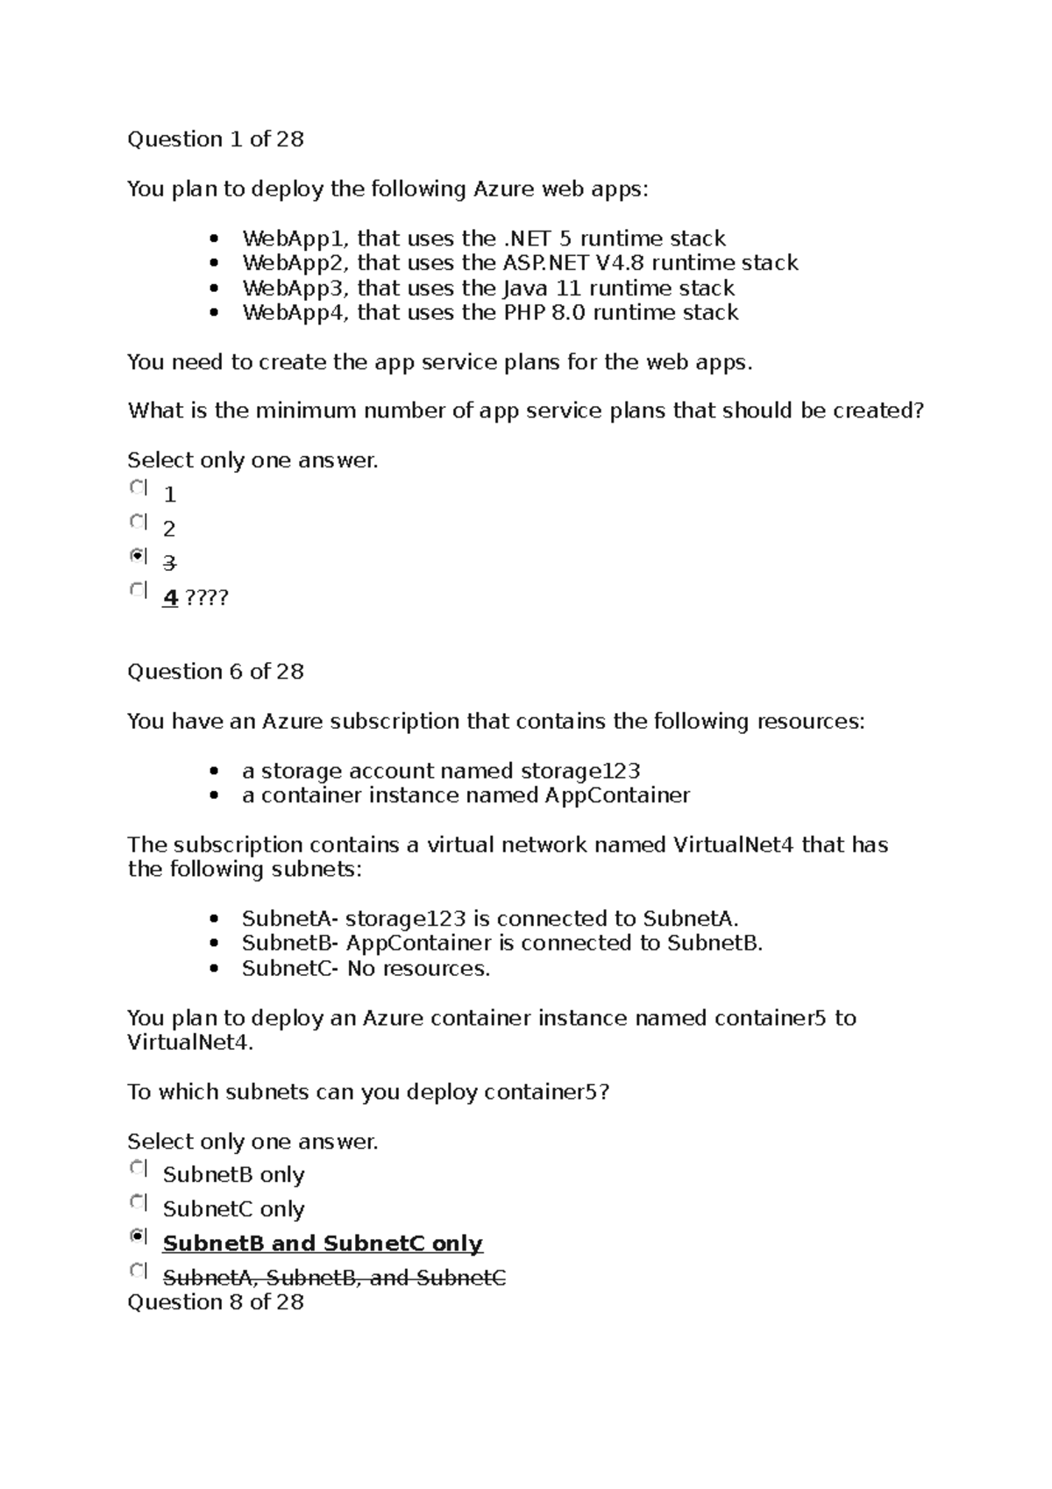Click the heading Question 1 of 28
(x=216, y=139)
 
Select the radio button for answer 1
(x=138, y=487)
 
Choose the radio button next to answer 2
(x=138, y=522)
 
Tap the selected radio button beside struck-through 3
(x=138, y=555)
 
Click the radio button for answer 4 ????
(x=138, y=590)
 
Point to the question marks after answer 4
(x=207, y=598)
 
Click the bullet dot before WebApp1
(x=214, y=239)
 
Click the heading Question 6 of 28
(x=216, y=672)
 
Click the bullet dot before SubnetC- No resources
(x=214, y=970)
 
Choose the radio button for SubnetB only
(x=138, y=1168)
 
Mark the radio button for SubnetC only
(x=138, y=1202)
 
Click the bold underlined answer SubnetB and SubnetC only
(x=323, y=1244)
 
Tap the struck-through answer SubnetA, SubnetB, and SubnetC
(x=334, y=1278)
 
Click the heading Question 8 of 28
(x=216, y=1302)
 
